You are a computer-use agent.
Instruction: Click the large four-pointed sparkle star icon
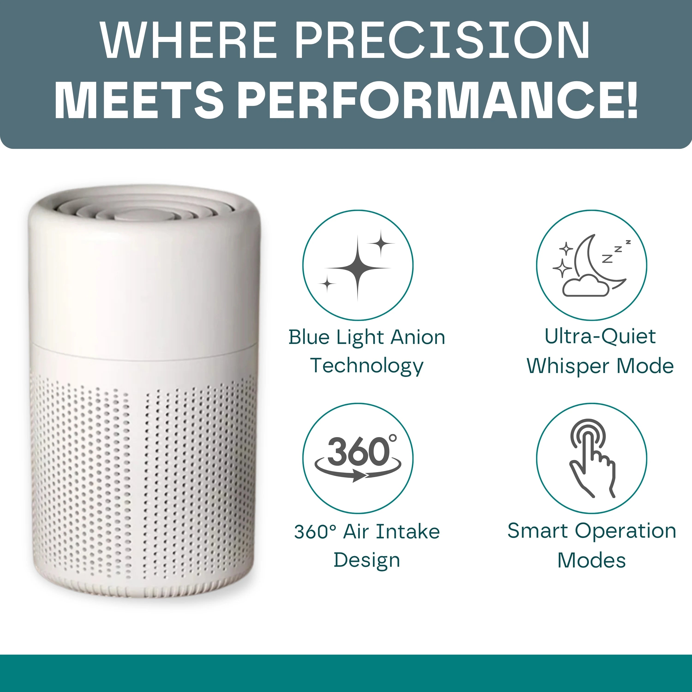(358, 268)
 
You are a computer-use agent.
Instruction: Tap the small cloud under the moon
(586, 286)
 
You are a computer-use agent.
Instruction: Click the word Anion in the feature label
(418, 337)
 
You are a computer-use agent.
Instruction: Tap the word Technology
(367, 366)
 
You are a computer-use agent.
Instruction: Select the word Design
(367, 560)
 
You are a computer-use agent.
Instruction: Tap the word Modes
(591, 560)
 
